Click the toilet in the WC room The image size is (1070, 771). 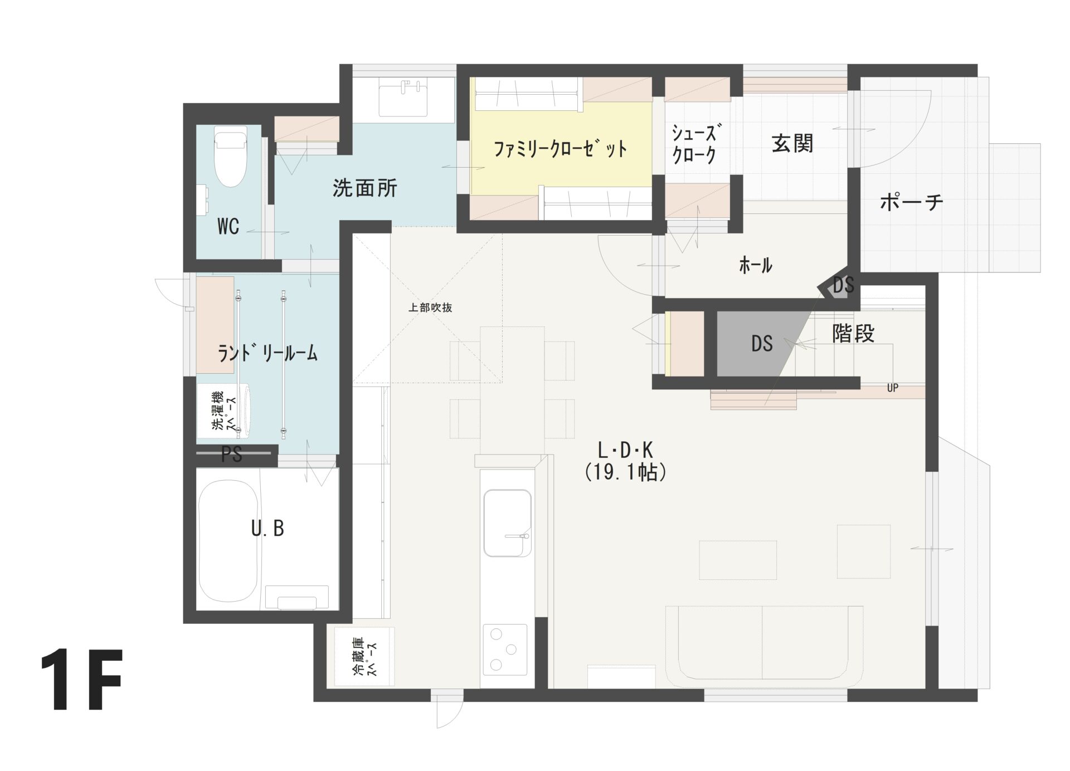pos(231,158)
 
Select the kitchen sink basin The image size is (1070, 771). pos(507,523)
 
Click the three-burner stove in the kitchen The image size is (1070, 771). pos(505,648)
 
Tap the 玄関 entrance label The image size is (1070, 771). pos(792,144)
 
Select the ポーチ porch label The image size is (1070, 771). pos(911,202)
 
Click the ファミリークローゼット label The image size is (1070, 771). pos(560,149)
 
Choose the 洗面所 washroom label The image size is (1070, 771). pos(364,188)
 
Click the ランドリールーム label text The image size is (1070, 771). pos(267,353)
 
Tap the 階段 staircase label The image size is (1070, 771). pos(853,333)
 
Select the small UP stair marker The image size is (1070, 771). pos(892,388)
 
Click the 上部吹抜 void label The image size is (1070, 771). pos(430,308)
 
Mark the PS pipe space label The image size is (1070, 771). pos(231,455)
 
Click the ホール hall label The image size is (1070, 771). pos(755,265)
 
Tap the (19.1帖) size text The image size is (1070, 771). pos(626,472)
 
